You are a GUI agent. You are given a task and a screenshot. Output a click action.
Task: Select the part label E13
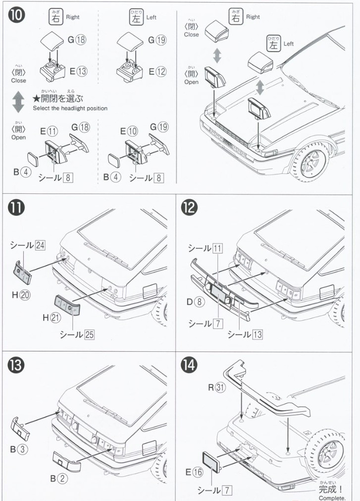(x=78, y=71)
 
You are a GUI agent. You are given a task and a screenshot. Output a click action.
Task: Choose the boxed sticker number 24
(x=40, y=245)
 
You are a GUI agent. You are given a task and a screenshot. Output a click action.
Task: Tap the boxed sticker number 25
(x=89, y=334)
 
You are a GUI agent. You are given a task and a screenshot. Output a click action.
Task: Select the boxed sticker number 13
(x=257, y=334)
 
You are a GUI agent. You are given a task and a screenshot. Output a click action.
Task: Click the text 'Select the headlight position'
(x=70, y=108)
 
